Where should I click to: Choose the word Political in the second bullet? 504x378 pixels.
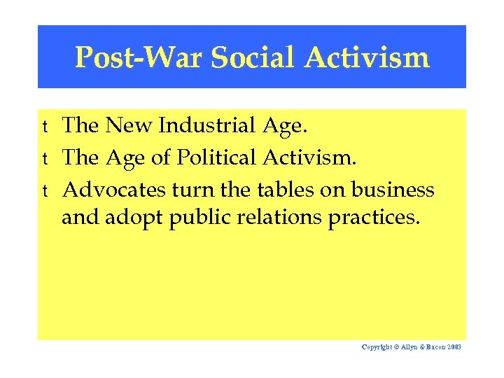click(x=218, y=157)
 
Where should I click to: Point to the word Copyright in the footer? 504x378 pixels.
click(x=378, y=347)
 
